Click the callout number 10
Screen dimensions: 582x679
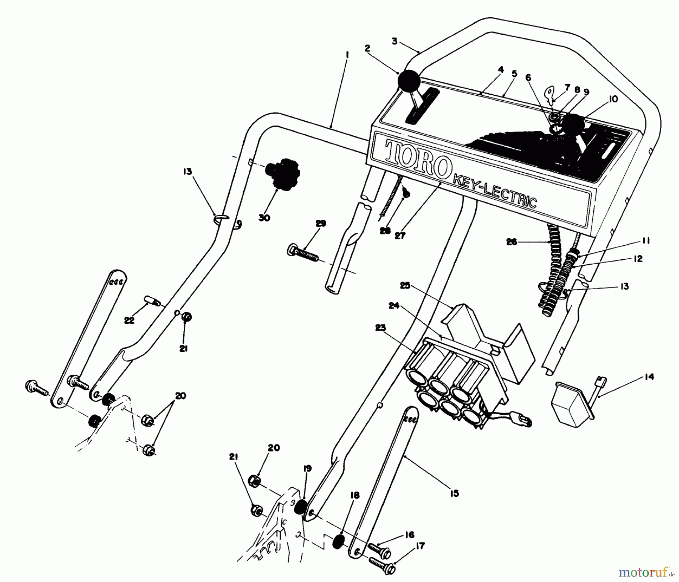(x=613, y=99)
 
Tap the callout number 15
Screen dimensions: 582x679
(x=455, y=493)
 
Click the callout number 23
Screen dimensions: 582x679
(x=381, y=328)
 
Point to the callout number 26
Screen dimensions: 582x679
(x=512, y=242)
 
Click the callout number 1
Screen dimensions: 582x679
(x=347, y=55)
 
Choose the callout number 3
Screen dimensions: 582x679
(x=395, y=41)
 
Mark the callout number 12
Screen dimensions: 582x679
(x=638, y=259)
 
